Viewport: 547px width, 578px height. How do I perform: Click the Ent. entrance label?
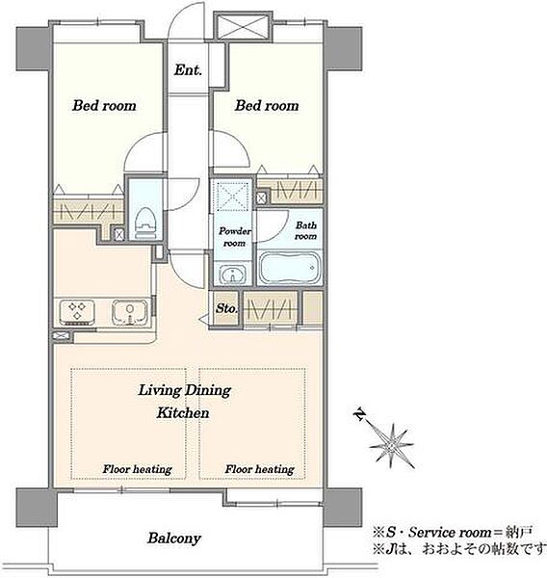(x=188, y=69)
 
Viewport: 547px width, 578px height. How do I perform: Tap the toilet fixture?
(x=146, y=223)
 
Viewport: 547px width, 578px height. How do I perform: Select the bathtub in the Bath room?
(x=289, y=268)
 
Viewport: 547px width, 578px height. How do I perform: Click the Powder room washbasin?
(x=233, y=275)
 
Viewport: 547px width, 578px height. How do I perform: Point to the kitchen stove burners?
(x=77, y=312)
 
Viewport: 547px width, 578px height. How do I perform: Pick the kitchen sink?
(x=129, y=312)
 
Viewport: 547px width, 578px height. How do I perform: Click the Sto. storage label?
(x=226, y=308)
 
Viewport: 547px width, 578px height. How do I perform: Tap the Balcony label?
(x=174, y=539)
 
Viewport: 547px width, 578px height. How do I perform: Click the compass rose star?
(x=391, y=446)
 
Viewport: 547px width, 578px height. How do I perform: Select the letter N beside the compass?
(x=359, y=414)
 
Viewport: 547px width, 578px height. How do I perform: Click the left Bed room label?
(x=104, y=106)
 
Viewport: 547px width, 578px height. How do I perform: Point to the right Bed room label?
(x=267, y=106)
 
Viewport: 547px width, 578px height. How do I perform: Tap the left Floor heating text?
(x=137, y=469)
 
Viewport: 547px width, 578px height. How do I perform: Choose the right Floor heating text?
(x=259, y=469)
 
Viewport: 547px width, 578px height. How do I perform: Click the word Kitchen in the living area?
(x=183, y=412)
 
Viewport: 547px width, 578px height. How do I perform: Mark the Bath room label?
(x=306, y=230)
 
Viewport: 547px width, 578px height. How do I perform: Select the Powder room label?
(x=235, y=237)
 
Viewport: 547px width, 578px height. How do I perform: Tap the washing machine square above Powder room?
(x=231, y=195)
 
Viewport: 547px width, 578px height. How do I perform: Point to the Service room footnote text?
(x=453, y=533)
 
